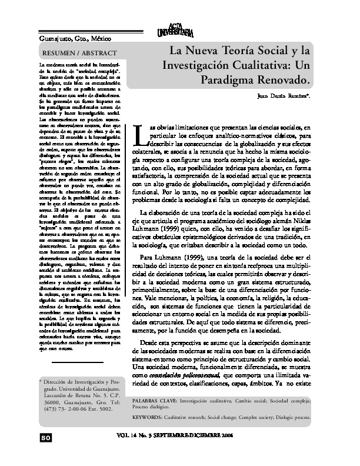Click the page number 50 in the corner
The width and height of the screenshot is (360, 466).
pyautogui.click(x=46, y=438)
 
